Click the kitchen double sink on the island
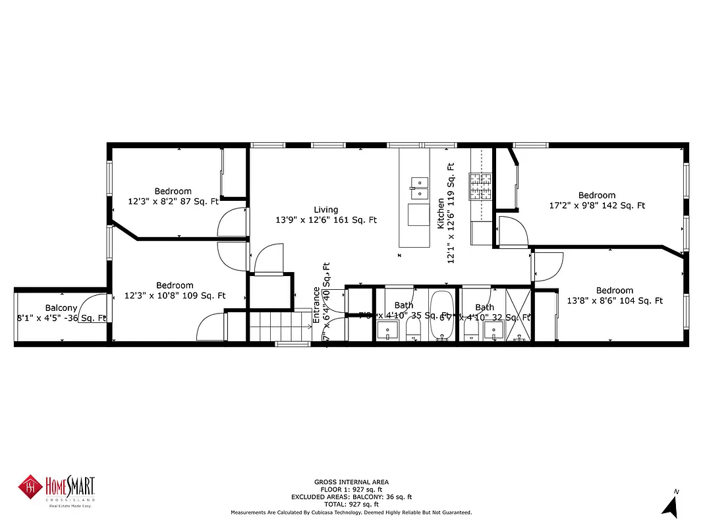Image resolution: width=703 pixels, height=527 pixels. (x=418, y=187)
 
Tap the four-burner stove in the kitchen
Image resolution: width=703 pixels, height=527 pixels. (x=480, y=186)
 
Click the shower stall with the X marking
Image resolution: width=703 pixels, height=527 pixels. (x=518, y=314)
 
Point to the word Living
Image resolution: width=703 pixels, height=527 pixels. (x=325, y=209)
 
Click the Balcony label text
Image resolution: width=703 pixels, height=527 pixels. (x=61, y=308)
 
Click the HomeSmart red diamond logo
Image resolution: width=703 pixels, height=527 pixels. (x=30, y=488)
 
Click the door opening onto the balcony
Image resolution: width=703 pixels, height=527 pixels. (x=92, y=309)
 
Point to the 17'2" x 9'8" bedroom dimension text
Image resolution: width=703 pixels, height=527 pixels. (x=597, y=206)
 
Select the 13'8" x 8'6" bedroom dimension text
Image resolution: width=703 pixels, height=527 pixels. (x=614, y=301)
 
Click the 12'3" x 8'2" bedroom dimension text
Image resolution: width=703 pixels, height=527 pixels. (x=173, y=202)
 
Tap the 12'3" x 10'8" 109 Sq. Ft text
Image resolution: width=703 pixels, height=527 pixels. (x=175, y=296)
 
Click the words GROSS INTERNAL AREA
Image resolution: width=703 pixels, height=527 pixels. (x=351, y=482)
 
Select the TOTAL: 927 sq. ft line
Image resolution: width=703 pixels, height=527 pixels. (x=351, y=503)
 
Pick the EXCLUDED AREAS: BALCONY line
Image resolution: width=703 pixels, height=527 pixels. (x=351, y=496)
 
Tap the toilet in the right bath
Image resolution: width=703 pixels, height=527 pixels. (x=471, y=328)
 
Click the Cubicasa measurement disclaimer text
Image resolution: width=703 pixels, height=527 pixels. (x=351, y=512)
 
